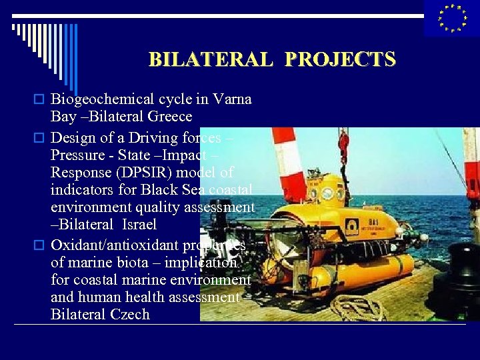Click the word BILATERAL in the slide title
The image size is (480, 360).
(x=210, y=59)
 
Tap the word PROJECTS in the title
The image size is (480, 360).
(x=340, y=59)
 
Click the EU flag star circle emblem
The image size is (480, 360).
(x=452, y=18)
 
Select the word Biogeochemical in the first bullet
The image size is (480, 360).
(x=105, y=99)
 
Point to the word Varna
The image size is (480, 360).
(x=233, y=99)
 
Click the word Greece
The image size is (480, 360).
(x=169, y=117)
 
